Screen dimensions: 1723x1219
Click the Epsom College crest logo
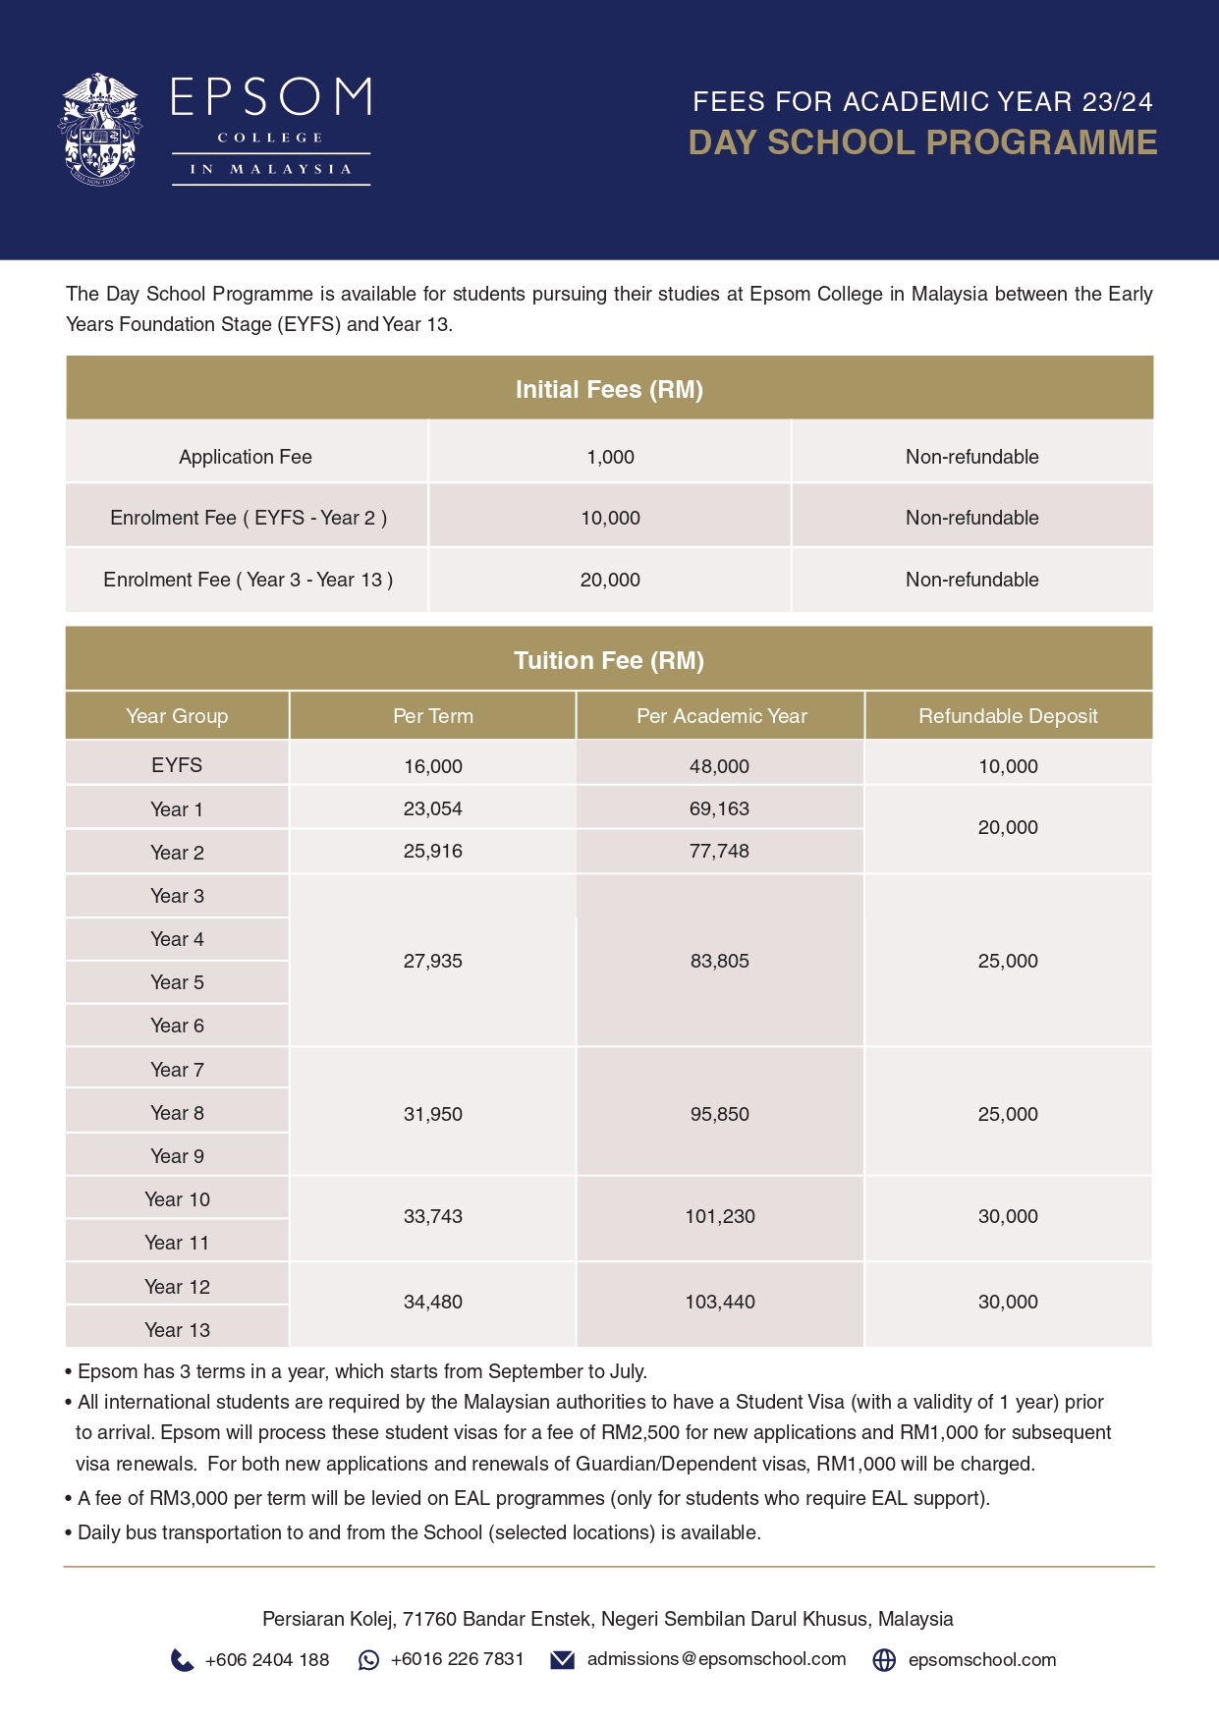coord(99,129)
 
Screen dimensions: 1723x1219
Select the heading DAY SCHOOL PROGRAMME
coord(922,142)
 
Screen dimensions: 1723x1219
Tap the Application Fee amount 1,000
coord(610,457)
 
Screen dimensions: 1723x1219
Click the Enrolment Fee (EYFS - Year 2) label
coord(248,518)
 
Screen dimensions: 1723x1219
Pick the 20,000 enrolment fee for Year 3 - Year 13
coord(610,580)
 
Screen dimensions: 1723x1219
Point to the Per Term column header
coord(432,716)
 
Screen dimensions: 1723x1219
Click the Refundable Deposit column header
coord(1008,716)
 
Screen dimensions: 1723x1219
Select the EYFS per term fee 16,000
coord(432,766)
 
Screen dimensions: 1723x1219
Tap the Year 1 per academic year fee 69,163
coord(719,808)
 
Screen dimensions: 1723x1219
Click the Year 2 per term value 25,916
coord(432,851)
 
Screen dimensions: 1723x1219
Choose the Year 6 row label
coord(177,1026)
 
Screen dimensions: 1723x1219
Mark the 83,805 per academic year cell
coord(719,961)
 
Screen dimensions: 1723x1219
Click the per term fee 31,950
coord(432,1114)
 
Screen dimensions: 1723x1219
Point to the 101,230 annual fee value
coord(720,1216)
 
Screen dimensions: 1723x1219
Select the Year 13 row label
coord(177,1330)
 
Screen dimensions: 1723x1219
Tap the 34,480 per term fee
coord(432,1302)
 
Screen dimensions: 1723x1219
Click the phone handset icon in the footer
coord(182,1660)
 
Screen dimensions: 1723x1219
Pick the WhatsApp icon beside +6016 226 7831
coord(368,1660)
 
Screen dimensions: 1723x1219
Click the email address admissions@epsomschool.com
coord(716,1659)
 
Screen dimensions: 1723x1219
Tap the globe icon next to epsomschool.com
coord(884,1660)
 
